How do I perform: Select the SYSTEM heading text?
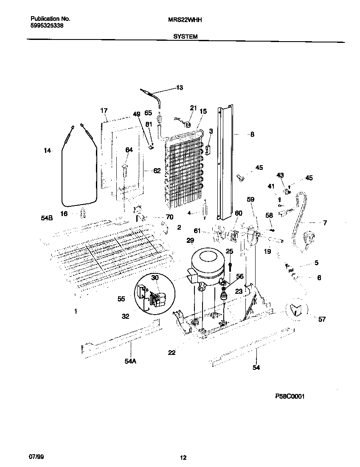click(185, 37)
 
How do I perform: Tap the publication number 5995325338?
click(48, 25)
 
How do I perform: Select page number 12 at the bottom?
click(183, 457)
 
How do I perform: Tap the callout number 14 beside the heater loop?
click(47, 150)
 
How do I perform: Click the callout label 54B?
click(47, 218)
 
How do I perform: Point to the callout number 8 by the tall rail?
click(252, 135)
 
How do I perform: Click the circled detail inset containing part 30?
click(155, 293)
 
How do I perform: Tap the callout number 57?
click(322, 319)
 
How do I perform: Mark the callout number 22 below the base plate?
click(172, 352)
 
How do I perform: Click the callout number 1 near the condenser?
click(76, 312)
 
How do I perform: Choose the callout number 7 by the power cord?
click(325, 222)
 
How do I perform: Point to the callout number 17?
click(104, 111)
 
